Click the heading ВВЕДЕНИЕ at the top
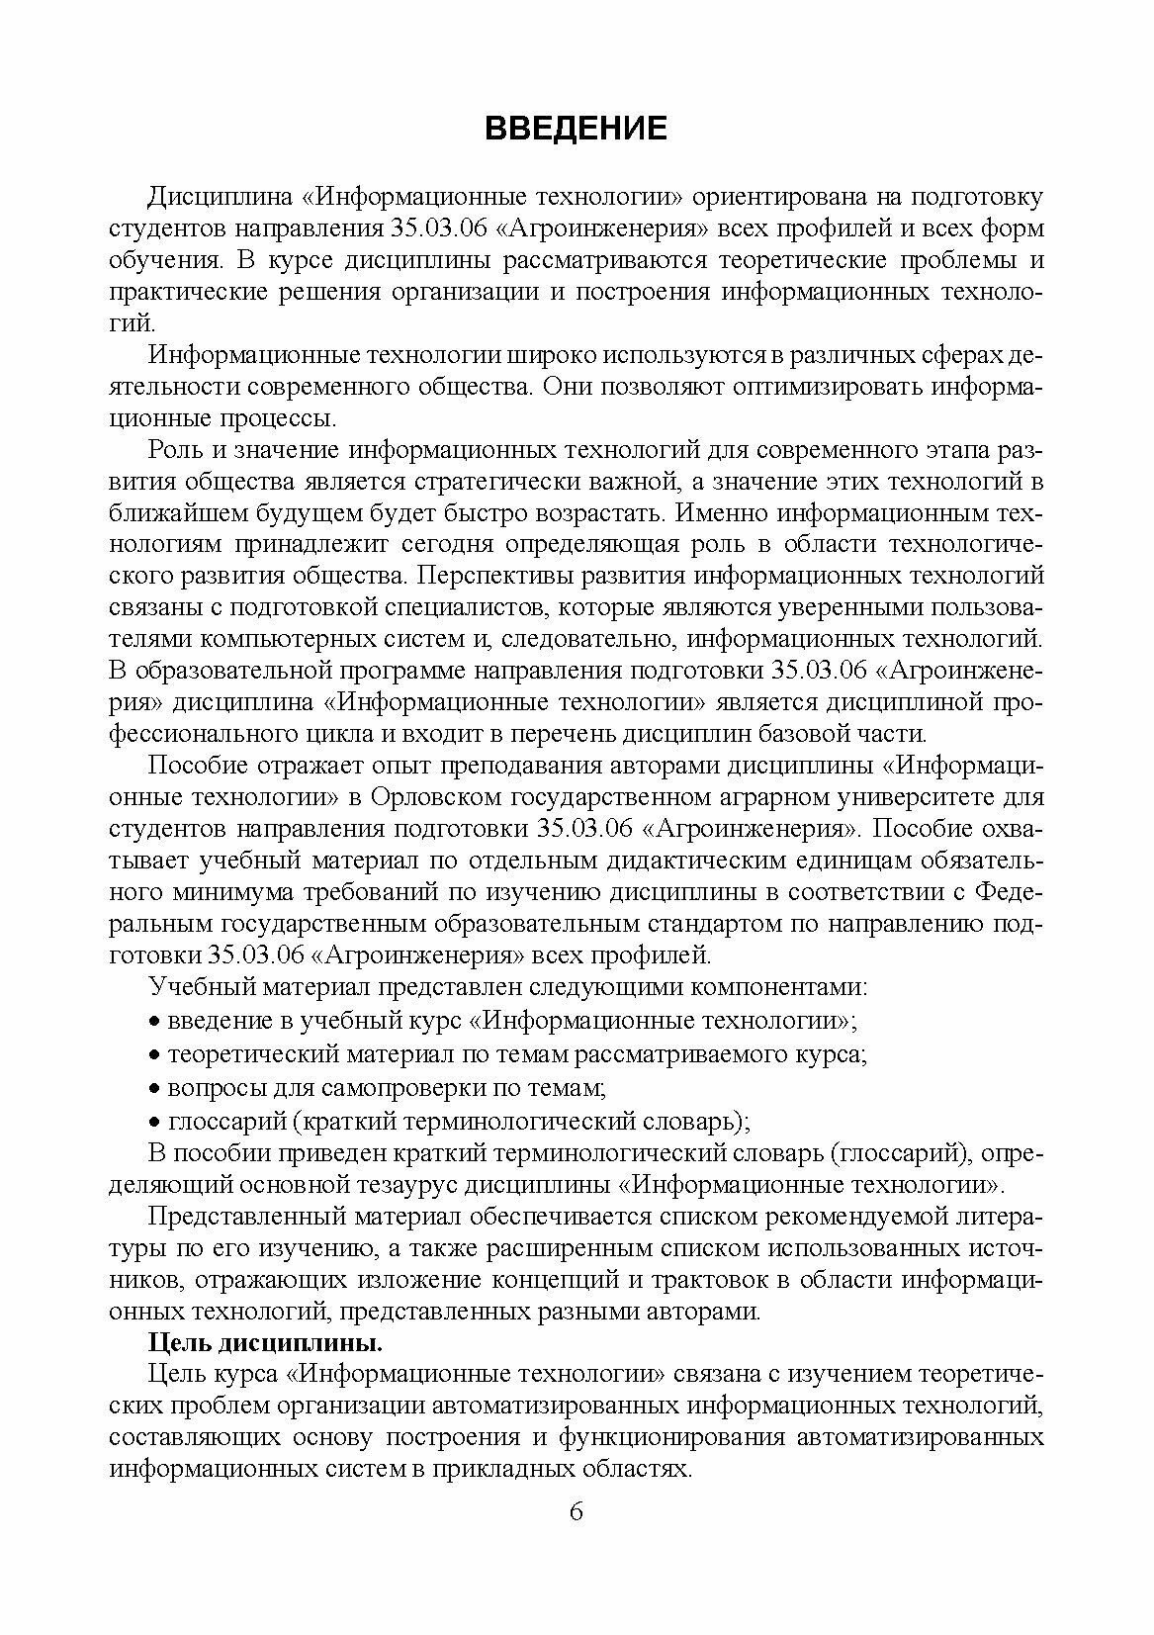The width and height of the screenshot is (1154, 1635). tap(577, 129)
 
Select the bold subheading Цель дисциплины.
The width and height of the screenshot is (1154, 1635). tap(265, 1344)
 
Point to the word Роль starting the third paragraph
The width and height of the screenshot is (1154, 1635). tap(176, 450)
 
